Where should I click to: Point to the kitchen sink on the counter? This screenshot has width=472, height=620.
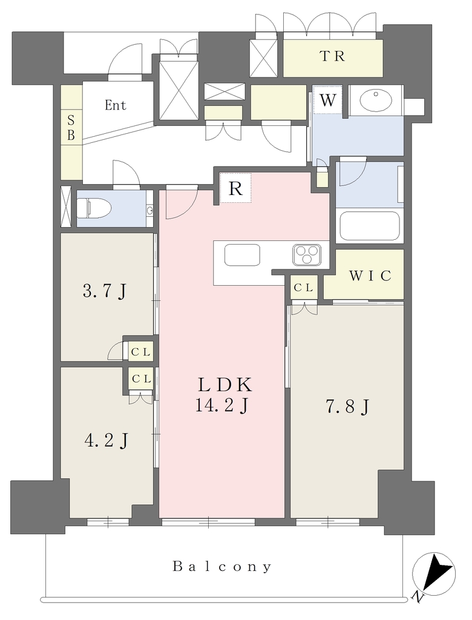[242, 255]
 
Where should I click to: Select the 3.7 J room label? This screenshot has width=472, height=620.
[104, 291]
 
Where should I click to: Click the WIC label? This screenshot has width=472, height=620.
[370, 275]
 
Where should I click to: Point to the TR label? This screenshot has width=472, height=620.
[332, 56]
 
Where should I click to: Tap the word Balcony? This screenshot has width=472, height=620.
[222, 567]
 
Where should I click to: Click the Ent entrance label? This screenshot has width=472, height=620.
[116, 105]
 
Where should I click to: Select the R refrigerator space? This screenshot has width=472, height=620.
[235, 188]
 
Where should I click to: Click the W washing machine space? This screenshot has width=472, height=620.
[328, 100]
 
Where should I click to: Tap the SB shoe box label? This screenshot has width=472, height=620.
[71, 127]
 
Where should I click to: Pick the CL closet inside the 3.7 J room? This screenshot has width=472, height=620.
[141, 352]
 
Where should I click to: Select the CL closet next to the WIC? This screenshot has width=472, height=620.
[304, 288]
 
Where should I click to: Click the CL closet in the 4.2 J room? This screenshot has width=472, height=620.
[141, 379]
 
